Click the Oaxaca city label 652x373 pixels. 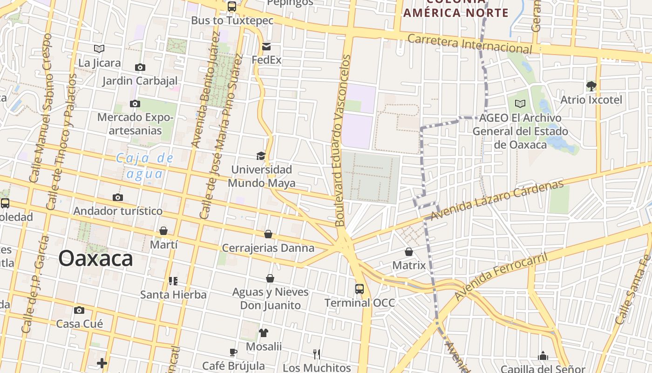pos(95,258)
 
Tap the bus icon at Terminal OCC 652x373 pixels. pos(360,289)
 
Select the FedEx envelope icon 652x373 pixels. pos(266,47)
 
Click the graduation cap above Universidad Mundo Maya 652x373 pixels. pos(261,156)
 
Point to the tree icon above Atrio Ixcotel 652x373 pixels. pos(591,86)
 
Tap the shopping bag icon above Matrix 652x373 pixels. pos(409,252)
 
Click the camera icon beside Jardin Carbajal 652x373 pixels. pos(140,68)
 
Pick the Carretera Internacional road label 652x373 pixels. pos(469,43)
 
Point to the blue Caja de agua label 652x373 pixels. pos(144,166)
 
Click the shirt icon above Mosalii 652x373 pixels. pos(264,332)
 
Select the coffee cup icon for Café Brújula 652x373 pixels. pos(233,352)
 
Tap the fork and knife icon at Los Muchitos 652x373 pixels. pos(317,354)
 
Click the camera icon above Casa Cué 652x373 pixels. pos(79,310)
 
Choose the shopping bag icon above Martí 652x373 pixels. pos(163,231)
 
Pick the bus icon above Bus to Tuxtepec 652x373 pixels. pos(231,7)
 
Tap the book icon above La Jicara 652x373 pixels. pos(99,48)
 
